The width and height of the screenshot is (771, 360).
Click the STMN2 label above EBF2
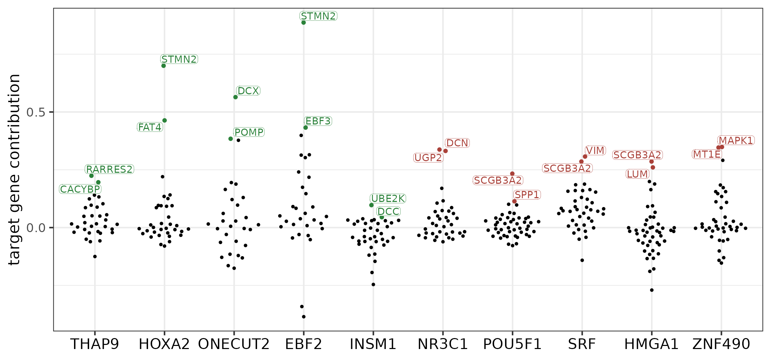point(318,16)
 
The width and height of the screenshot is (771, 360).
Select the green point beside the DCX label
point(235,97)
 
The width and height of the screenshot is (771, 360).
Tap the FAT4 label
point(150,127)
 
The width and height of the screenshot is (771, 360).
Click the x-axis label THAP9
point(95,344)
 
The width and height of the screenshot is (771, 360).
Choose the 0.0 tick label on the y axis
point(36,228)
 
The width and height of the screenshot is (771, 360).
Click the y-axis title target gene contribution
point(14,170)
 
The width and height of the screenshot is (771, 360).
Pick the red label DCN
point(457,143)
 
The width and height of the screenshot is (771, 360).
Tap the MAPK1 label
point(736,141)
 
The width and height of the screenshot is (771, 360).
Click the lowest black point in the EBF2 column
point(304,316)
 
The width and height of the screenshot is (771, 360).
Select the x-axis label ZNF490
point(721,344)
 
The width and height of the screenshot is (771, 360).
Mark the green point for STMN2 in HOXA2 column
point(163,66)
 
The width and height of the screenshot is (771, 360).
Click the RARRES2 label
point(109,169)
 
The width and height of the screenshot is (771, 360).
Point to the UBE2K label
point(388,199)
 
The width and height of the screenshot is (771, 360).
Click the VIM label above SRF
point(595,151)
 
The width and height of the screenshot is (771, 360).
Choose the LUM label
point(637,174)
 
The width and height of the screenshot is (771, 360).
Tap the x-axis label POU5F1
point(512,344)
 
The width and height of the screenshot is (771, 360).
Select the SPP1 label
point(527,195)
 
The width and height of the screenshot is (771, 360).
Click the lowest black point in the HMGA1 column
point(652,290)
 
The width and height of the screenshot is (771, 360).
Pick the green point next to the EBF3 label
point(305,128)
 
